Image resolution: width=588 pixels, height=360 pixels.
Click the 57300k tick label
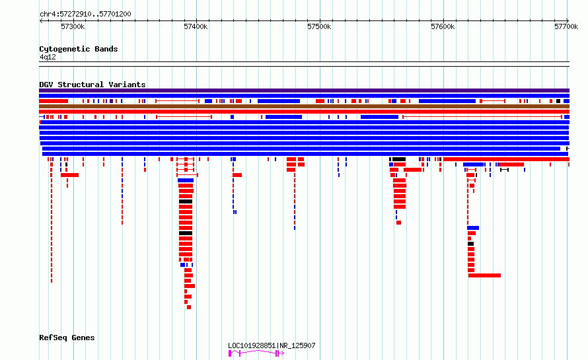[73, 26]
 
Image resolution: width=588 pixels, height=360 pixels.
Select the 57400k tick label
[196, 26]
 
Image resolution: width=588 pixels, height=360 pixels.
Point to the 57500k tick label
[319, 26]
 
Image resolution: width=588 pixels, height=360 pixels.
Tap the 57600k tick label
[443, 26]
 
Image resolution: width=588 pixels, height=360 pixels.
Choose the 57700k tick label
[566, 26]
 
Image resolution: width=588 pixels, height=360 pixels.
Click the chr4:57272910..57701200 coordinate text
[85, 15]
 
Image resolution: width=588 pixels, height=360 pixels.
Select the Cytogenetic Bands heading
[79, 49]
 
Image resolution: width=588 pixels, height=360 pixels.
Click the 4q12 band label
[48, 57]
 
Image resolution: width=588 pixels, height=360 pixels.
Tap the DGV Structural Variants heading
[92, 85]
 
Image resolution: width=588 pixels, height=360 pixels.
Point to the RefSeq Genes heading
[67, 338]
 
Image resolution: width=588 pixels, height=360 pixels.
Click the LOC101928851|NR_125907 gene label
[272, 345]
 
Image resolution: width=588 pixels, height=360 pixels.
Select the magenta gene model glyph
[256, 353]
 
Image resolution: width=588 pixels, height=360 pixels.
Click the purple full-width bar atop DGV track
[304, 90]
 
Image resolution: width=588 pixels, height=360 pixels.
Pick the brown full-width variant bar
[304, 106]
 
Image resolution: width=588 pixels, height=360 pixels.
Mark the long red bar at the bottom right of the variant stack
[484, 275]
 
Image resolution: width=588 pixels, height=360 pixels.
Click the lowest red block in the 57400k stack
[189, 307]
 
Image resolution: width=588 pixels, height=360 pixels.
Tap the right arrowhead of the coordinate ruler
[568, 21]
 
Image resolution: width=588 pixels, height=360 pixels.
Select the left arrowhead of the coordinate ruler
[41, 21]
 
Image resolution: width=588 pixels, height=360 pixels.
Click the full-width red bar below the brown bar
[304, 112]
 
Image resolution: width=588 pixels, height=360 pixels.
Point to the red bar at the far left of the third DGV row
[54, 101]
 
